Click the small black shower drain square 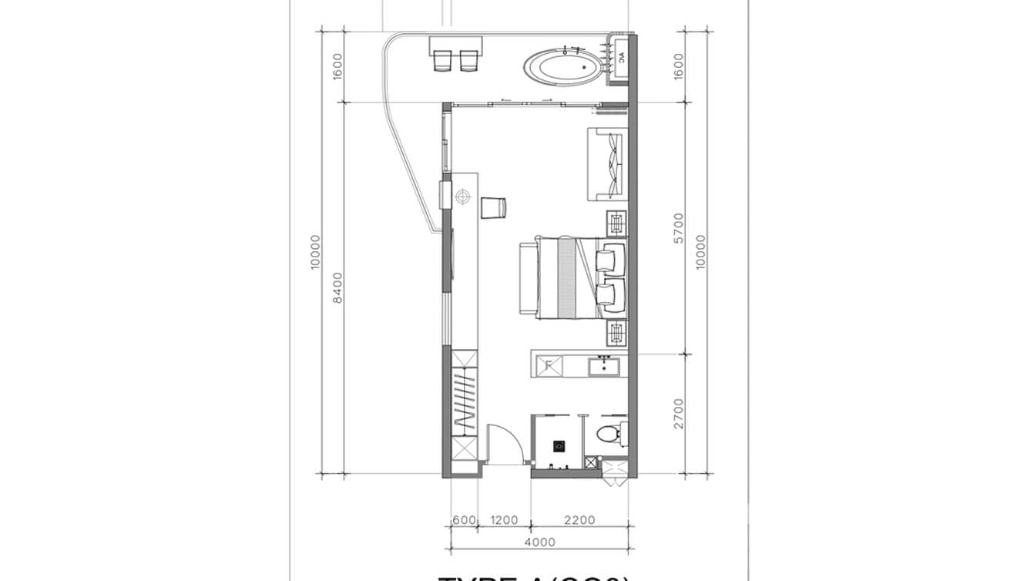point(560,445)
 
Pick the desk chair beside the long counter point(493,207)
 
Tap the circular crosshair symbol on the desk point(462,197)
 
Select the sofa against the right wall point(608,164)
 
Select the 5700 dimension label point(678,228)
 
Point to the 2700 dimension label point(678,413)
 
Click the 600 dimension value point(464,520)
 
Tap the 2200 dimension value point(579,520)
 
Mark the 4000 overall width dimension point(539,542)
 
